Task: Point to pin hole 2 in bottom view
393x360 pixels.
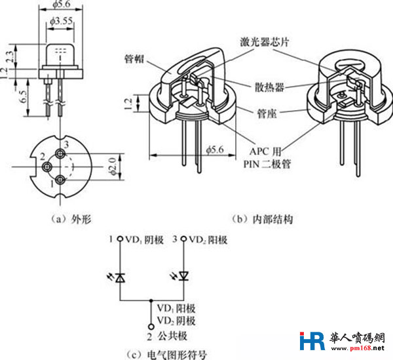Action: (x=47, y=167)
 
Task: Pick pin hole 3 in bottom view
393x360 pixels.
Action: (x=60, y=154)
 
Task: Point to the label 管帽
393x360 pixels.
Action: (x=134, y=58)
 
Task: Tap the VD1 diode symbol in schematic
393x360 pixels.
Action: (x=119, y=277)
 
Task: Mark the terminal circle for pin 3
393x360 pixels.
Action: (x=183, y=241)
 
